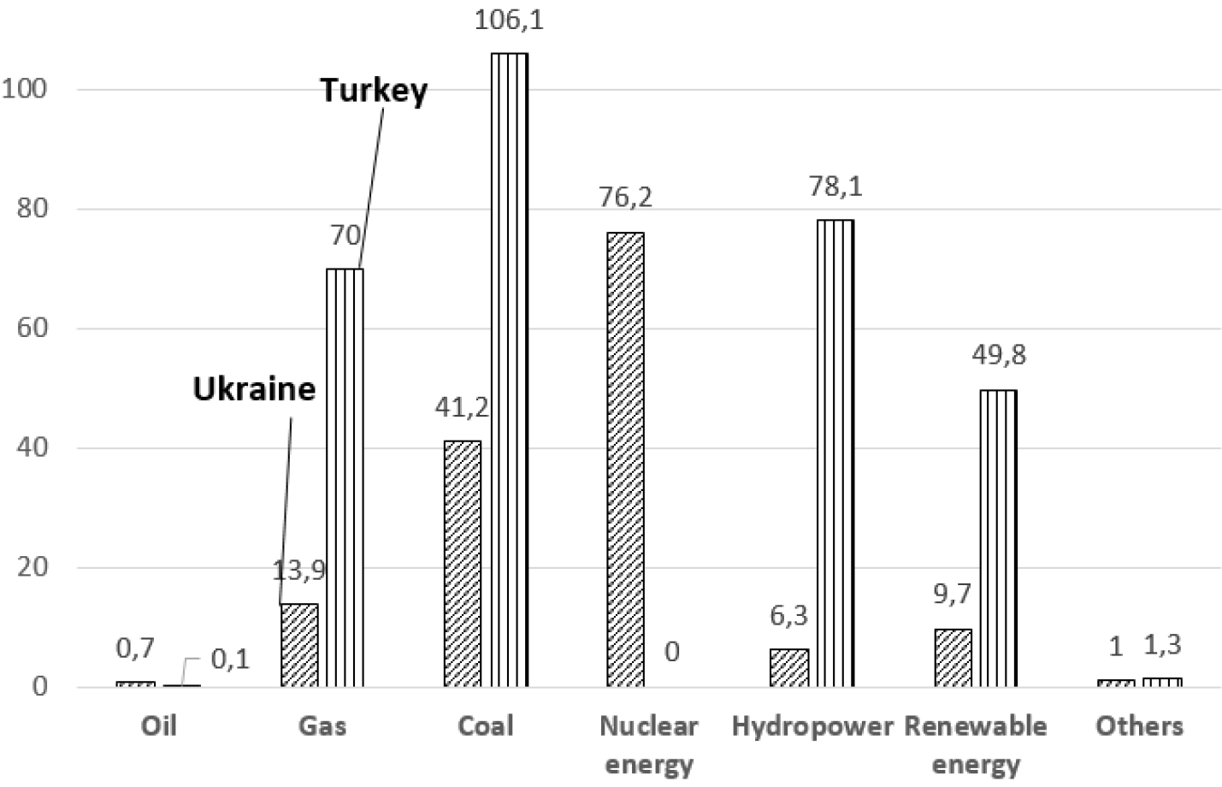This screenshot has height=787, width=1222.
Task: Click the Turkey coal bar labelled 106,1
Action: (509, 370)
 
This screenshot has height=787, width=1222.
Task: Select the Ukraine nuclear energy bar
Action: (625, 459)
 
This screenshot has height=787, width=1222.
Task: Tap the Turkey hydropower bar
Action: (835, 453)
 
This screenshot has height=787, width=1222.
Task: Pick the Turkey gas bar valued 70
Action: (345, 477)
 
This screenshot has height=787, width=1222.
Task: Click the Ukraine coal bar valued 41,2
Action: (462, 564)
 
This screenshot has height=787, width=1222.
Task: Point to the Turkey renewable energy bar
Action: (998, 538)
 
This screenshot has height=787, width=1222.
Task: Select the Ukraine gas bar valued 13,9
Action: (299, 645)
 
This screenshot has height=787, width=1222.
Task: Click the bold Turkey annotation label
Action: (374, 90)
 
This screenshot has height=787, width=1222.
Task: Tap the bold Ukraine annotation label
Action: (254, 389)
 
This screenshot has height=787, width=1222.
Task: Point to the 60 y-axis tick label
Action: (32, 328)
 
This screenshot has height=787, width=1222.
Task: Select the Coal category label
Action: (486, 726)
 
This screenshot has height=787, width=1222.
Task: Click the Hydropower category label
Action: (812, 726)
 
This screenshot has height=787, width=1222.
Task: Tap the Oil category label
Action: (159, 726)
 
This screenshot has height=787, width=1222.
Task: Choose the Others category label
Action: (1139, 726)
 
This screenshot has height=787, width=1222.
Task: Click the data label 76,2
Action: (625, 198)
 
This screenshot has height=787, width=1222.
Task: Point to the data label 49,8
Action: (999, 354)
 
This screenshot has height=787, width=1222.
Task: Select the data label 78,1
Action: (835, 186)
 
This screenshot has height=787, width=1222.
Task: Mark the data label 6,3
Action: (788, 615)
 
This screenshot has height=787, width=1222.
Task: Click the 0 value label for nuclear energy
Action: (672, 652)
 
